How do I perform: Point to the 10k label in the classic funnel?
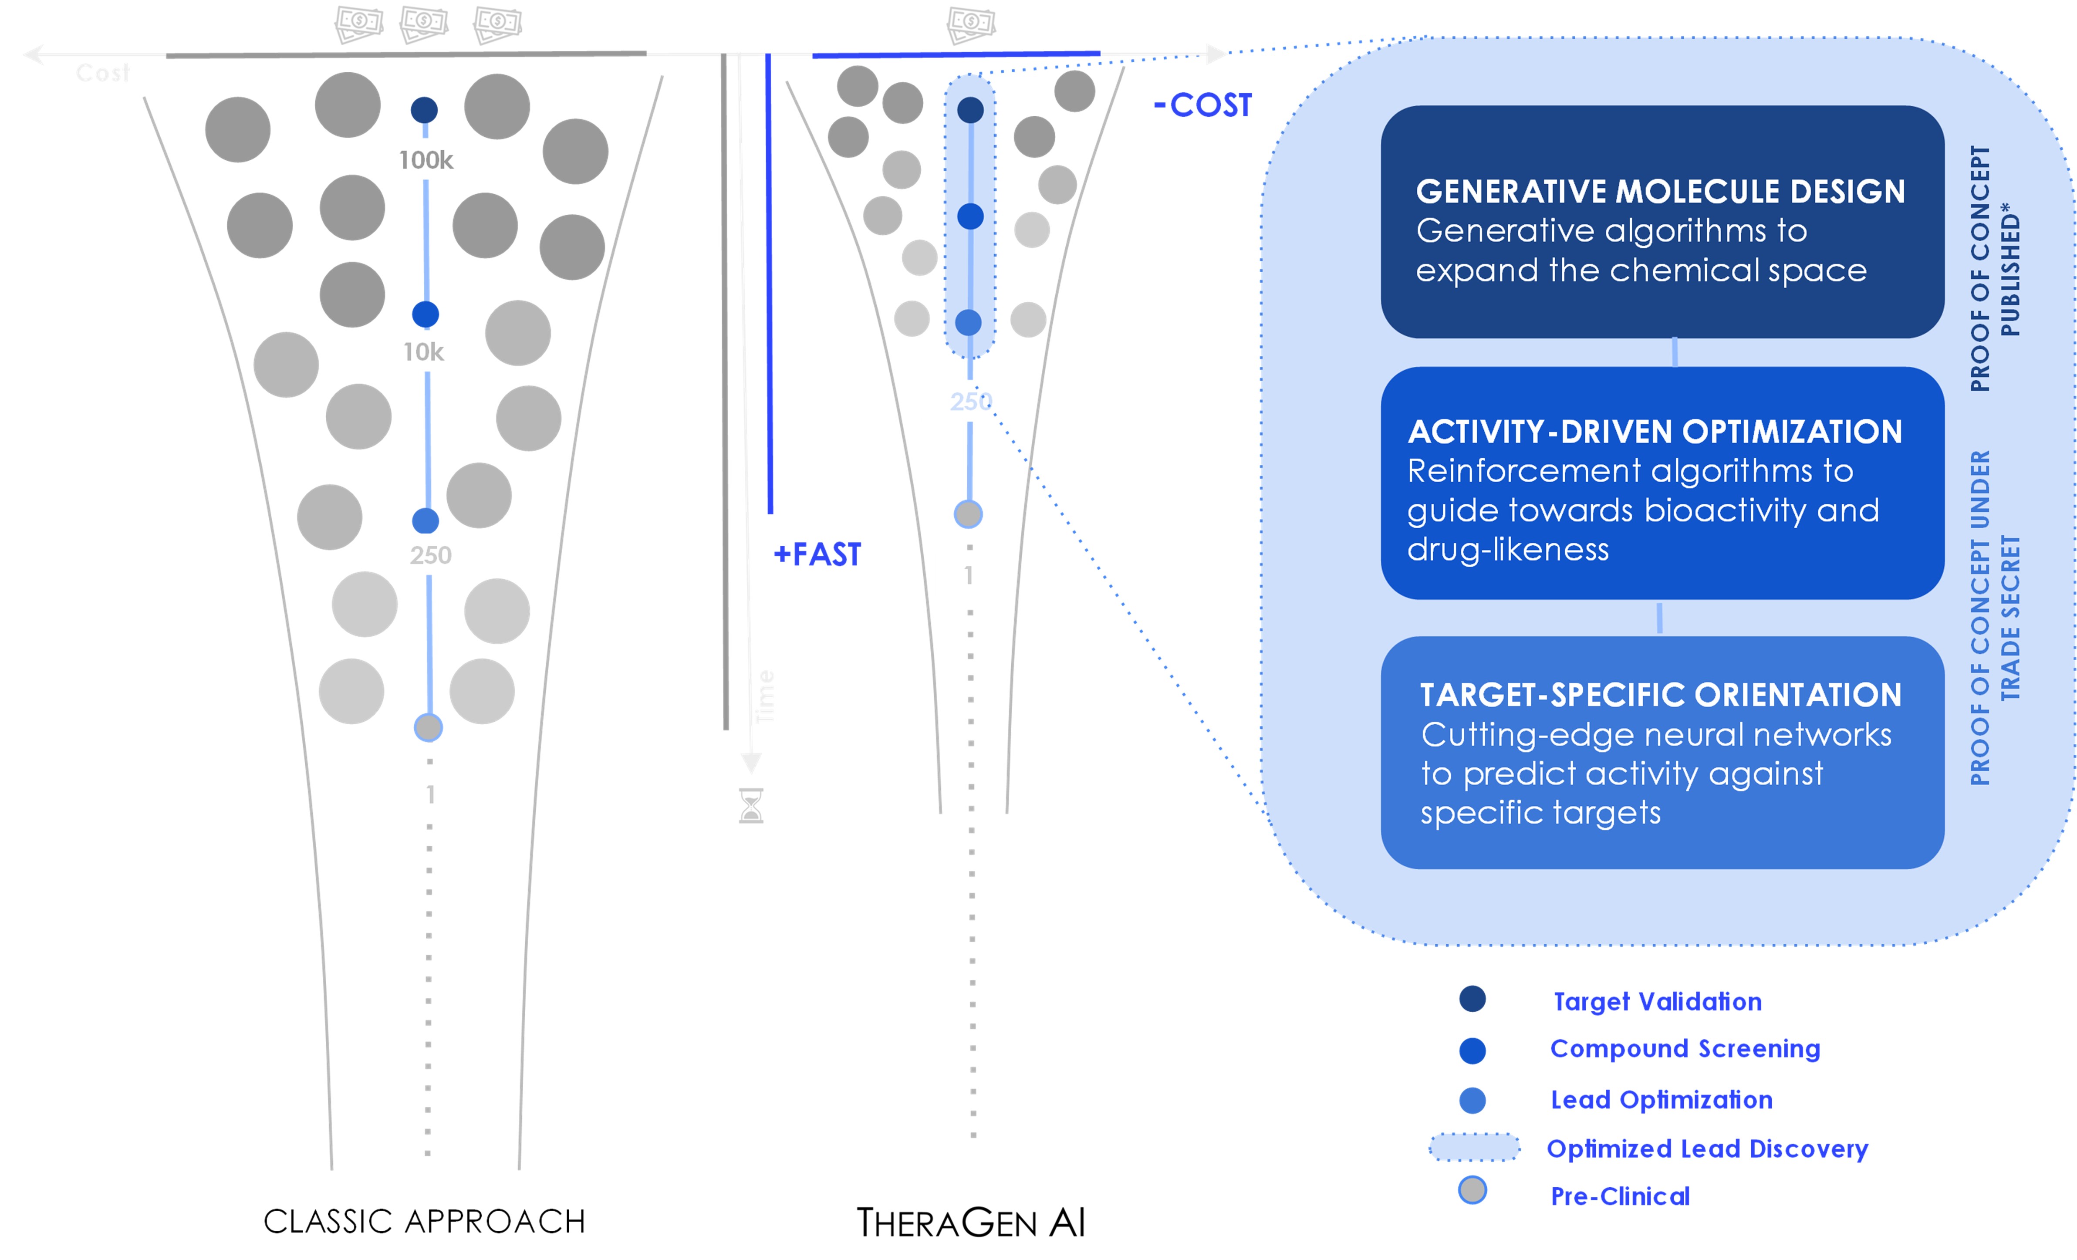point(423,351)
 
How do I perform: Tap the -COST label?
point(1203,105)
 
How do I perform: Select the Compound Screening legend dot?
point(1472,1050)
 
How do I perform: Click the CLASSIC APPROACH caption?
point(424,1221)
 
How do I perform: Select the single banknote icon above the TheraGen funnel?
point(971,24)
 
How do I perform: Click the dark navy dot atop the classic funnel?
point(424,110)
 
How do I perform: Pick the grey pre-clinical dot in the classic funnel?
point(428,727)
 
